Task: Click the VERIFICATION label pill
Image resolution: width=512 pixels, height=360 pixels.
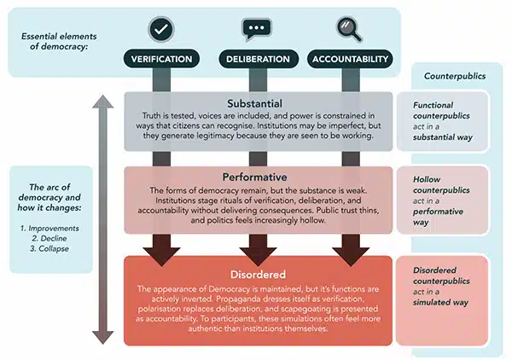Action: (x=160, y=59)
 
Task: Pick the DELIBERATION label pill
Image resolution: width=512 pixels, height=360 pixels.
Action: (x=256, y=59)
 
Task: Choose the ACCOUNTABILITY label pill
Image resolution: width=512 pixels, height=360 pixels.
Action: (x=351, y=59)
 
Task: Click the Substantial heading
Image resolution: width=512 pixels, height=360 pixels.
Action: (x=257, y=102)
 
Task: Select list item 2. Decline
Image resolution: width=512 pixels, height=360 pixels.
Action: (x=52, y=239)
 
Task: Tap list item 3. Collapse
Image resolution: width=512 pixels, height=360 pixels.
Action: (x=52, y=251)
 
